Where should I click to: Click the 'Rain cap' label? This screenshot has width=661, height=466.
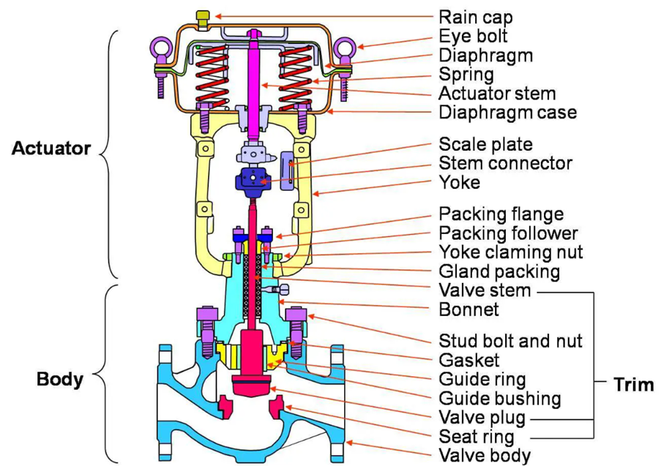475,16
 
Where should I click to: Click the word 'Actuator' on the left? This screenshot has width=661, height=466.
51,149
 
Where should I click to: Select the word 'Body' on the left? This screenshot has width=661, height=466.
59,380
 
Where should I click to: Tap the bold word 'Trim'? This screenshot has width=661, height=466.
633,384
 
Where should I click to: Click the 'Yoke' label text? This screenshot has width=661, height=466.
460,182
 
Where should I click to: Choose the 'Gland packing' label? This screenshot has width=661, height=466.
499,271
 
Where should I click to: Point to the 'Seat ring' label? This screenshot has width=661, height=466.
475,437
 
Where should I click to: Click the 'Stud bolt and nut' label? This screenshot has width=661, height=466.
510,341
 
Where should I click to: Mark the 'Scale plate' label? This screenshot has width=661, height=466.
485,144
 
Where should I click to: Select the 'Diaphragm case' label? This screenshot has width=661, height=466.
507,113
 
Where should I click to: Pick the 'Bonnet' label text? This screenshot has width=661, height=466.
468,309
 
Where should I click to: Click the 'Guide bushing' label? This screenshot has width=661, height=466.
499,399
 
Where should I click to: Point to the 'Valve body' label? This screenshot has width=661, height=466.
484,456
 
